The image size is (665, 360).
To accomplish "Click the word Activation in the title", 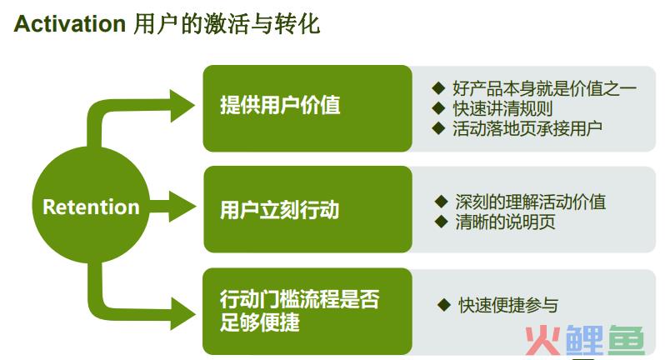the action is (70, 23).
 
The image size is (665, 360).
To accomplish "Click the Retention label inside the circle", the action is (91, 207).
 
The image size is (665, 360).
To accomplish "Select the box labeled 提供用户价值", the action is (307, 108).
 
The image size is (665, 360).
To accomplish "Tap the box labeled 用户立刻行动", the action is (307, 209).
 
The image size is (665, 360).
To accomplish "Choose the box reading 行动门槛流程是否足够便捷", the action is (307, 311).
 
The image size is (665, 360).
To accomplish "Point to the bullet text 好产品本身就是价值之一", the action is (544, 88).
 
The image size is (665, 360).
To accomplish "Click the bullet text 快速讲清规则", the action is (502, 108).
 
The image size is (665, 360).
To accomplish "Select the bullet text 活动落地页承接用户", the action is (527, 128).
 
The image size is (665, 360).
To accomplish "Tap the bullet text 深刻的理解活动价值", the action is (531, 202).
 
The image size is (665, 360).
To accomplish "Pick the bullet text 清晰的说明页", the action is (506, 222).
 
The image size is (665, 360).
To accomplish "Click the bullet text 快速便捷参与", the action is (508, 305).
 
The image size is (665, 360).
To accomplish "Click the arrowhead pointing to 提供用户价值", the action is (182, 106).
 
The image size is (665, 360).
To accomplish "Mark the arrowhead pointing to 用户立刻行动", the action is (182, 207).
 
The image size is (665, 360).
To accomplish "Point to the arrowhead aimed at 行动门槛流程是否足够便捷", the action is (182, 313).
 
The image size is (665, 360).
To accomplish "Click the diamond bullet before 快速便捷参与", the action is (444, 304).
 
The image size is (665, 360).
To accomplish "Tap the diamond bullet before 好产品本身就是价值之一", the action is (438, 88).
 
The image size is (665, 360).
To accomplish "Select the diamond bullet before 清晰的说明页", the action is (442, 222).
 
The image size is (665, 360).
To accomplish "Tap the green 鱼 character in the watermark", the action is (627, 339).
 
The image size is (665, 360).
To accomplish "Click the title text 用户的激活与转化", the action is (227, 23).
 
